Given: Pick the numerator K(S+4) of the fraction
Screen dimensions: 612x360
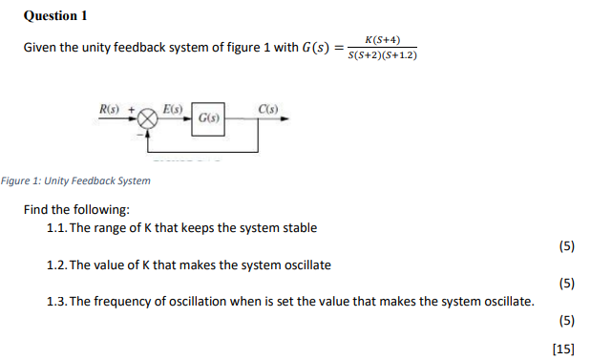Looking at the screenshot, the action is pos(382,39).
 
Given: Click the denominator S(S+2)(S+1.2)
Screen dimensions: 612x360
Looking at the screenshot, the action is pos(382,55).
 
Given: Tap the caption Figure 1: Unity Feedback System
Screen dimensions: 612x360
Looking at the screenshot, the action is pos(76,181).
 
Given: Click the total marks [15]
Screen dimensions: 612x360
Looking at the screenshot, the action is pos(563,349).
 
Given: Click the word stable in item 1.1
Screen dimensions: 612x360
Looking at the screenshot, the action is pos(298,228).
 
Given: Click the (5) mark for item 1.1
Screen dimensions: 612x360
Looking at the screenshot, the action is pos(565,246).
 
